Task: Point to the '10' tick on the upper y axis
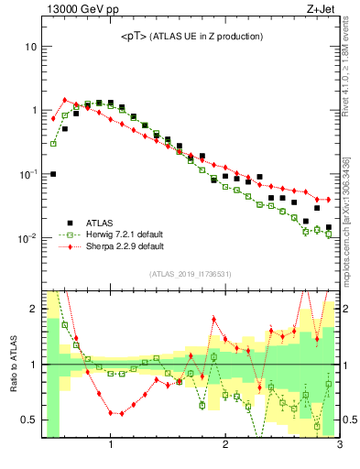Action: point(30,46)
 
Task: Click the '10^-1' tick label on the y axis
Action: point(27,174)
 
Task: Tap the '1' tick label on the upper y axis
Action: point(33,110)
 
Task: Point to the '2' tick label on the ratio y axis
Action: point(33,309)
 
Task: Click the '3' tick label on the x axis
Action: point(339,446)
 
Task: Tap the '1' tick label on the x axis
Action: point(111,446)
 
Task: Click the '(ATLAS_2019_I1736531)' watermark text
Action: point(190,274)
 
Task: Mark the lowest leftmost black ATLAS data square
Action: point(53,173)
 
